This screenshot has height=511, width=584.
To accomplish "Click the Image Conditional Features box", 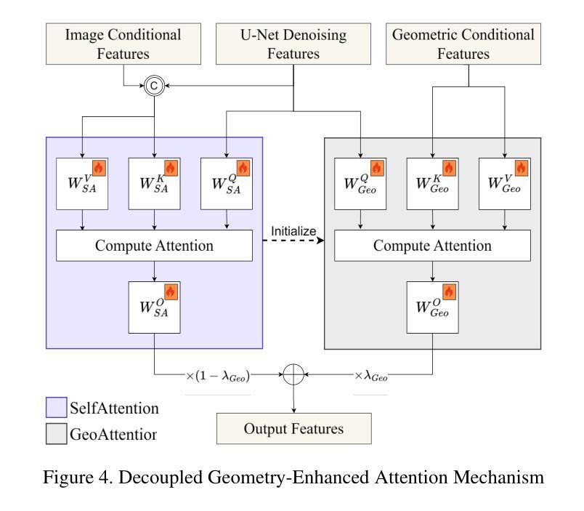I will tap(123, 43).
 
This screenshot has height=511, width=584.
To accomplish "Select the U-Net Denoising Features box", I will tap(293, 43).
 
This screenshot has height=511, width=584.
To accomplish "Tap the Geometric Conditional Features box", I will tap(463, 43).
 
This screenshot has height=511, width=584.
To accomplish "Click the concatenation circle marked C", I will tap(155, 86).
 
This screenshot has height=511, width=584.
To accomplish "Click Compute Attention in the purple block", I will tap(154, 246).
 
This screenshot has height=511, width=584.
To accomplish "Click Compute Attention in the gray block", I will tap(432, 246).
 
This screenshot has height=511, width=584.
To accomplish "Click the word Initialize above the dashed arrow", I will tap(293, 231).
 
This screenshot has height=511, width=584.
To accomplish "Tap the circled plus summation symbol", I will tap(293, 375).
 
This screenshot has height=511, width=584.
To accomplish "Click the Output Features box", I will tap(293, 428).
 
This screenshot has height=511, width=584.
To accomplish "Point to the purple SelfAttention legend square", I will tap(55, 408).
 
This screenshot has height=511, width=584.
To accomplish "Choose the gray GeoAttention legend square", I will tap(55, 435).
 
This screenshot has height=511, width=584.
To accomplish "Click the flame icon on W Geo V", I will tap(522, 169).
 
